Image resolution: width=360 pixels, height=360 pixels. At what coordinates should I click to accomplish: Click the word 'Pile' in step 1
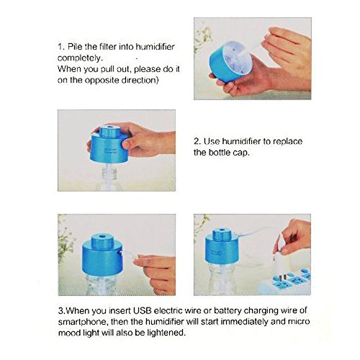(x=75, y=47)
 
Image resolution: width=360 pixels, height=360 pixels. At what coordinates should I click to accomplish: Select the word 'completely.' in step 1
(x=80, y=58)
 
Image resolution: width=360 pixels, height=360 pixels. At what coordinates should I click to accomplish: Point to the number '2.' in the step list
(x=197, y=141)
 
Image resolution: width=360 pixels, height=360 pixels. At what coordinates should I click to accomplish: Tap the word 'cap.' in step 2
(x=241, y=153)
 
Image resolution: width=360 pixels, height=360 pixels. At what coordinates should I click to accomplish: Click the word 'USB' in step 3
(x=143, y=311)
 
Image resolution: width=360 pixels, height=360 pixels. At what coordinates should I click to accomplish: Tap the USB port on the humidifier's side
(x=121, y=253)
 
